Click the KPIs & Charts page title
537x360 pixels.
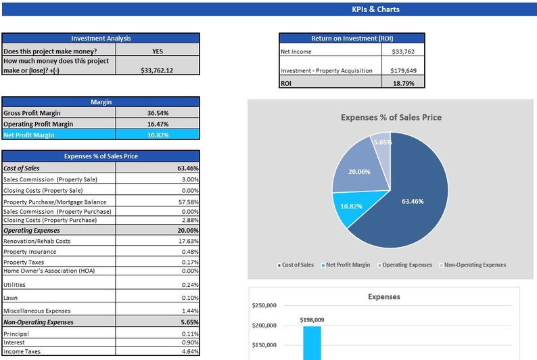point(375,9)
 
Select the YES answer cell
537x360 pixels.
point(157,51)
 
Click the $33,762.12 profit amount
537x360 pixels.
point(157,70)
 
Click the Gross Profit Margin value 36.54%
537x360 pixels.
point(158,113)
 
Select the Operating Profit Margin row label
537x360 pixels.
point(38,124)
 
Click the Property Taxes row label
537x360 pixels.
point(25,262)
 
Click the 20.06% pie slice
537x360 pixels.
point(358,172)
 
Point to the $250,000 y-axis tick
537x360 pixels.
point(264,305)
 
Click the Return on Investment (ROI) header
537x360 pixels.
point(352,39)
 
